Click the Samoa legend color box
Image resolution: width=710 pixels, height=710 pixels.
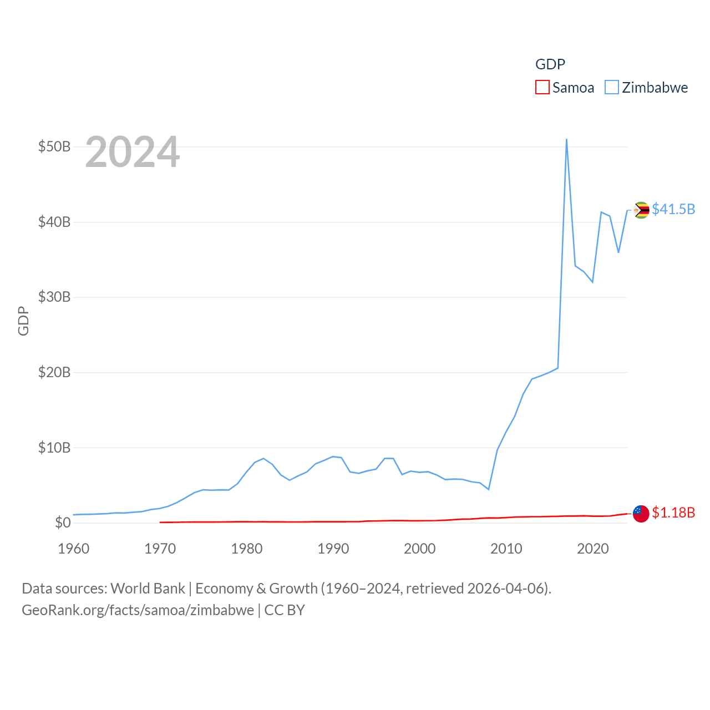(542, 87)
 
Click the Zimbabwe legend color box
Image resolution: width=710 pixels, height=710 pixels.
(611, 87)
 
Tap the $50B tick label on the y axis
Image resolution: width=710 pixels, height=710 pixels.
(54, 147)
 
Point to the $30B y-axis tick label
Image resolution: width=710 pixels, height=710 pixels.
(54, 297)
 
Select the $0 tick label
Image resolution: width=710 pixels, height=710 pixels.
(63, 523)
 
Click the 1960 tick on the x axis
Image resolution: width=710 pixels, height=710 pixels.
(74, 549)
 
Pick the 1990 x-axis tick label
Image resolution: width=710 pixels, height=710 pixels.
(333, 549)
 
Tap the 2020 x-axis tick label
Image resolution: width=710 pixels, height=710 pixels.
(593, 549)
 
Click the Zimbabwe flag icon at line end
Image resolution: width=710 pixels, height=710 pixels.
(641, 210)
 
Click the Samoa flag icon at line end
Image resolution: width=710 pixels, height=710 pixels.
(641, 514)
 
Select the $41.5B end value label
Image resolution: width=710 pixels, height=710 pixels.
(673, 209)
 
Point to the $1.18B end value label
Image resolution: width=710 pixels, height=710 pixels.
(673, 513)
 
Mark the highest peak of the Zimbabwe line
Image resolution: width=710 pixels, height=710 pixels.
(566, 140)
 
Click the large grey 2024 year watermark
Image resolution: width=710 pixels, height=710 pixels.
(133, 152)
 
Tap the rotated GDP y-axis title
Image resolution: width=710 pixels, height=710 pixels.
(23, 321)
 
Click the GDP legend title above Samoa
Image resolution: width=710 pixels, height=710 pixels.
(550, 64)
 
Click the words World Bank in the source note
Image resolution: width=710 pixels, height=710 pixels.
(148, 589)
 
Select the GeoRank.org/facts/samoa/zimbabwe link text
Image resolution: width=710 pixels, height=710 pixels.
(138, 610)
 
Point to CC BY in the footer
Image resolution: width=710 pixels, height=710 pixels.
(285, 610)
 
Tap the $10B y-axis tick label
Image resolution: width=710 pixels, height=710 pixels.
(54, 448)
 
